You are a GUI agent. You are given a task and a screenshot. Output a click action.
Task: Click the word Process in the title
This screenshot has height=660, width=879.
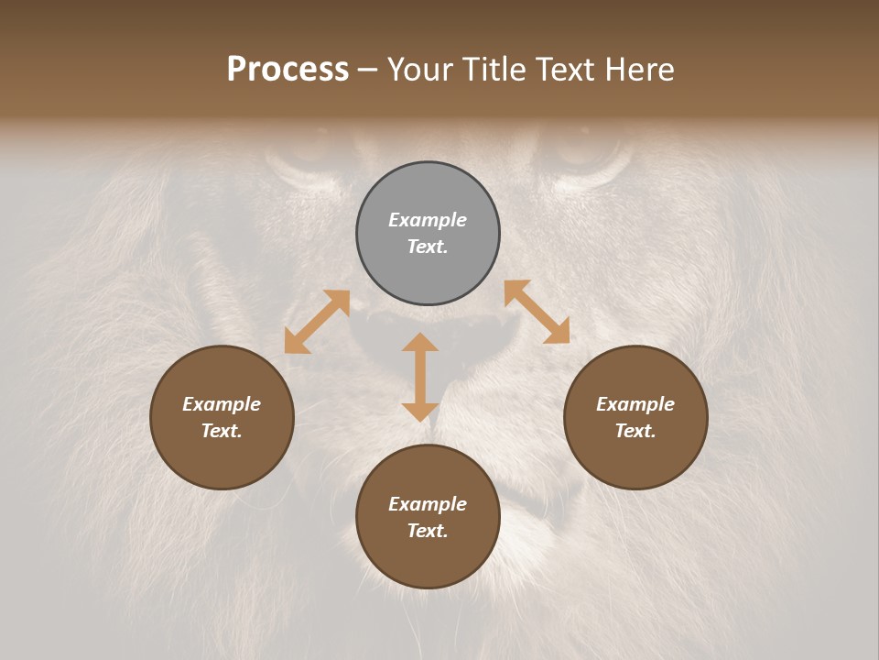(288, 70)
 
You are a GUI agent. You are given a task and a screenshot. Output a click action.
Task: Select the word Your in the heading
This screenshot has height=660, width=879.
(420, 70)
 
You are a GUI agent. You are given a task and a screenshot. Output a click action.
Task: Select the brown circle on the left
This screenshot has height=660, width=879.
(222, 458)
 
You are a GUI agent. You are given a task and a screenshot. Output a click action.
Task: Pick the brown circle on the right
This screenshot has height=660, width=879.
(635, 458)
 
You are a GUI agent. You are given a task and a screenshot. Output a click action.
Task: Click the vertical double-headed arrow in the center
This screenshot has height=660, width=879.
(420, 377)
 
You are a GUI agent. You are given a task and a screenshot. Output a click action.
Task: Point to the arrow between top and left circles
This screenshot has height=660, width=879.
(317, 322)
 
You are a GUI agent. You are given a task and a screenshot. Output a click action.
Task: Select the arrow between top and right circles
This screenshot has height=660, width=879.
(537, 312)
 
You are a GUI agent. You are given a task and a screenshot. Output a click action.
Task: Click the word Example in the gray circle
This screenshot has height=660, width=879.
(428, 220)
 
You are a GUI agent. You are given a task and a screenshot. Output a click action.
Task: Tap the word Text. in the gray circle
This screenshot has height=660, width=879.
(428, 247)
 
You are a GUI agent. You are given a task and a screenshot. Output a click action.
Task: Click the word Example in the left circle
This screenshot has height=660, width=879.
(222, 404)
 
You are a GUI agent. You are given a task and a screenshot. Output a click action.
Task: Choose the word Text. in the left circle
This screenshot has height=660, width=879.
(222, 431)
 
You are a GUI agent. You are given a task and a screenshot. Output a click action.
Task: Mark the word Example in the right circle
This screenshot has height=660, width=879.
(635, 404)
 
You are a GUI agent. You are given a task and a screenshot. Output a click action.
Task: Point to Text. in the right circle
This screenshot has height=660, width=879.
(635, 431)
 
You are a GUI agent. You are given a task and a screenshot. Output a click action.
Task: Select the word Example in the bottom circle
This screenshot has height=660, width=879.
(428, 504)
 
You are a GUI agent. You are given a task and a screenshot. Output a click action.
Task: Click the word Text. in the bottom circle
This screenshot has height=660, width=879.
(428, 531)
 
